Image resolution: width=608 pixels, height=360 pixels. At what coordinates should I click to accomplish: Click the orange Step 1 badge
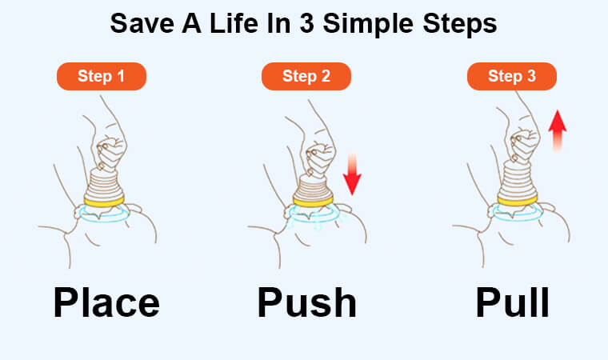(x=102, y=77)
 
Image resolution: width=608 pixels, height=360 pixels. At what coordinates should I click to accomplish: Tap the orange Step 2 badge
(x=306, y=77)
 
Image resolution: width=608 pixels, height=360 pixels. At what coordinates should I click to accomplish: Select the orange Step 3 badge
(x=512, y=77)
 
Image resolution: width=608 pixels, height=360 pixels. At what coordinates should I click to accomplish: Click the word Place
(x=106, y=303)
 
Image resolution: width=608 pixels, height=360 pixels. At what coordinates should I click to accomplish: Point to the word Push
(x=306, y=302)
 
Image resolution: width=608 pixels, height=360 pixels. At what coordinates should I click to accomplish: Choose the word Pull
(x=512, y=302)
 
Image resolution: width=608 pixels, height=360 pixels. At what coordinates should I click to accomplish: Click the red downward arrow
(x=352, y=174)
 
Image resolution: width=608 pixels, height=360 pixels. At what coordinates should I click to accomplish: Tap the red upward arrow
(x=558, y=130)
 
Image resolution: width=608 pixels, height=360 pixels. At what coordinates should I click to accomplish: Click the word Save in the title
(x=142, y=23)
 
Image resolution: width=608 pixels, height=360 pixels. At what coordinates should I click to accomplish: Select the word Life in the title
(x=234, y=23)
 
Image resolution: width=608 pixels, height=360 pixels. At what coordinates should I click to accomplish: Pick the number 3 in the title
(x=306, y=24)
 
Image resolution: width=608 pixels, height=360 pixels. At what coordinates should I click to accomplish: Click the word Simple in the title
(x=368, y=24)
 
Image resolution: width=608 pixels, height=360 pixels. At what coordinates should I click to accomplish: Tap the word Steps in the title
(x=460, y=24)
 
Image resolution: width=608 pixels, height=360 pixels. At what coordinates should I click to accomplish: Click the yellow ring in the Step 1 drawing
(x=104, y=202)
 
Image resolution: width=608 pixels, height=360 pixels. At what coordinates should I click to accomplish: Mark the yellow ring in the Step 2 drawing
(x=313, y=202)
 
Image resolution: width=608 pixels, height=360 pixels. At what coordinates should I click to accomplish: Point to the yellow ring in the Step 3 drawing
(x=518, y=201)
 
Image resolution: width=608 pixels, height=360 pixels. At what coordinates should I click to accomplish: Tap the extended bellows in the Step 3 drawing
(x=518, y=180)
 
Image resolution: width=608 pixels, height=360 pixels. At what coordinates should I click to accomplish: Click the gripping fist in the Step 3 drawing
(x=525, y=146)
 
